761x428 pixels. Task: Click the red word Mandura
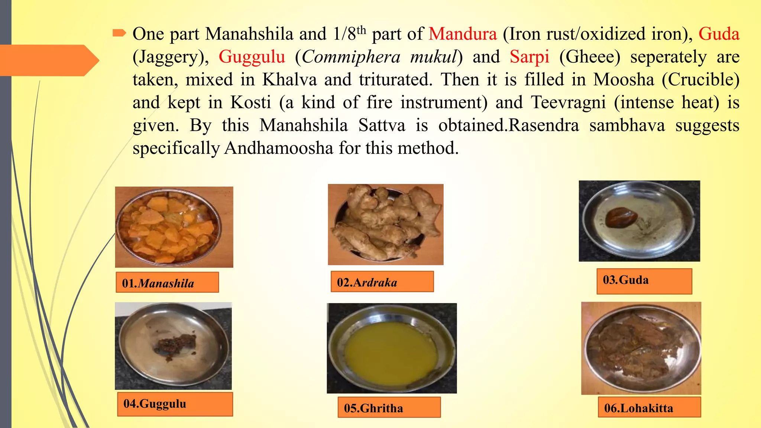pos(462,34)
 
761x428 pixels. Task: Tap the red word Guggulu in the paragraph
pos(252,57)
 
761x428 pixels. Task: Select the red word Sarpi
pos(529,57)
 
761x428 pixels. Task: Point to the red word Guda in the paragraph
pos(719,34)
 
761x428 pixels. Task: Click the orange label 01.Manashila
pos(167,283)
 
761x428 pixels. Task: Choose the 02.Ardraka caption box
pos(382,282)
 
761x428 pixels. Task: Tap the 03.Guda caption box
pos(644,281)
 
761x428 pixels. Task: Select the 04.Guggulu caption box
pos(175,404)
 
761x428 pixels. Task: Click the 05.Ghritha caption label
pos(389,408)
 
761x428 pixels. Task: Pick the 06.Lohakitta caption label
pos(649,408)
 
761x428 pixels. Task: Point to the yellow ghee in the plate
pos(391,350)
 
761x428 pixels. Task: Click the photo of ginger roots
pos(385,224)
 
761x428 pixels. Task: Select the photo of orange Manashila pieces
pos(174,227)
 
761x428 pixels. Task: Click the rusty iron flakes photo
pos(641,348)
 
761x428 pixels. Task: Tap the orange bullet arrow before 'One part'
pos(119,33)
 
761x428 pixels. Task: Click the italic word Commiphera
pos(351,57)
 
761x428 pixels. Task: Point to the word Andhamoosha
pos(279,148)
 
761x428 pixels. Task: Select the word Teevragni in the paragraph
pos(568,103)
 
